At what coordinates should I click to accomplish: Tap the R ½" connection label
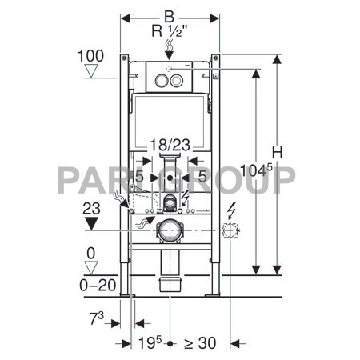pyautogui.click(x=170, y=32)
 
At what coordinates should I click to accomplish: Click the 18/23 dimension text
pyautogui.click(x=170, y=145)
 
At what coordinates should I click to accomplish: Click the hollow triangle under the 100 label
pyautogui.click(x=91, y=72)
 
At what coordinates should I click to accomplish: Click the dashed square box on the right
pyautogui.click(x=230, y=232)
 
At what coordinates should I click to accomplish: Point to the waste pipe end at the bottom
pyautogui.click(x=170, y=284)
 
